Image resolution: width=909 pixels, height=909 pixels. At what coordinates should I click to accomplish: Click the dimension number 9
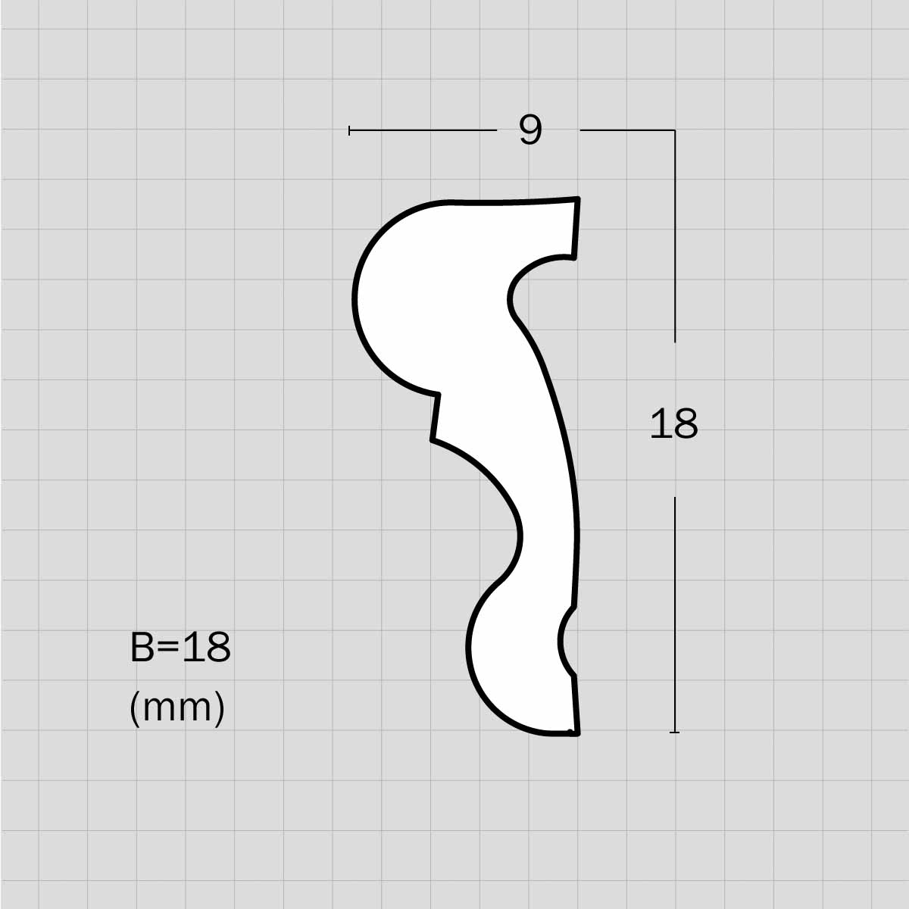click(x=530, y=130)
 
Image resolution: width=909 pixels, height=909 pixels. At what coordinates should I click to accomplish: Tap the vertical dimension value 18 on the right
click(x=673, y=424)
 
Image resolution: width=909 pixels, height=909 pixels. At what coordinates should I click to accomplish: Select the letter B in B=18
click(x=142, y=647)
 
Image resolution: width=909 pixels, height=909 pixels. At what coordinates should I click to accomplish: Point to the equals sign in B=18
click(x=168, y=647)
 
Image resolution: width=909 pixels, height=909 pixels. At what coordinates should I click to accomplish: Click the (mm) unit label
click(x=177, y=708)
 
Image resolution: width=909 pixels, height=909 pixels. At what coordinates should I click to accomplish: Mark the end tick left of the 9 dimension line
click(x=349, y=130)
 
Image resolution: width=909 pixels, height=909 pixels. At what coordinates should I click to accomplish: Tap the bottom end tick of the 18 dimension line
click(x=675, y=733)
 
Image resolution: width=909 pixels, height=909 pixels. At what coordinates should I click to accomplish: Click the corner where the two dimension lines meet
click(x=675, y=130)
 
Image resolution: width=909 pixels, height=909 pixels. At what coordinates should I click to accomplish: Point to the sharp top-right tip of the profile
click(x=578, y=198)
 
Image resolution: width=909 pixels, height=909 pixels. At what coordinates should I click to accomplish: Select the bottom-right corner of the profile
click(x=578, y=733)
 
